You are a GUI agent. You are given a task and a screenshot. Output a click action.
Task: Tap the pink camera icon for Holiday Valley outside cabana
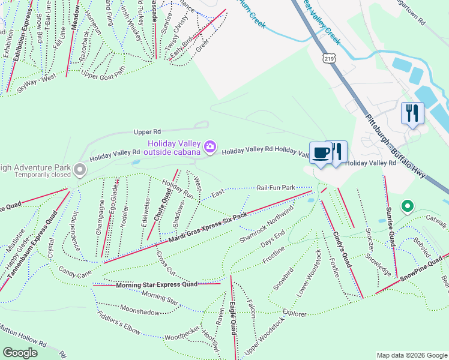click(210, 146)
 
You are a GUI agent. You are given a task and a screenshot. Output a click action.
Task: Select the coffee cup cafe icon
click(321, 152)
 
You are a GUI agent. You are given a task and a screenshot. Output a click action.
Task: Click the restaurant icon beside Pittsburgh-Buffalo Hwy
click(412, 113)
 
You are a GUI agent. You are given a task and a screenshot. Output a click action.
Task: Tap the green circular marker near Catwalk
click(408, 207)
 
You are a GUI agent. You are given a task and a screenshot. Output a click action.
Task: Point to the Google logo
click(20, 352)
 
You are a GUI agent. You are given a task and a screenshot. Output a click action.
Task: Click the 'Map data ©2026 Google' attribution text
click(411, 355)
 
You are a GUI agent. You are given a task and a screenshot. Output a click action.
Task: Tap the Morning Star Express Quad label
click(157, 284)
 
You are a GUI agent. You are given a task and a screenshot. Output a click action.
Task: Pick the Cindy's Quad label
click(338, 244)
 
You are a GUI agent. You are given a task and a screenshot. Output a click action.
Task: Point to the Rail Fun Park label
click(277, 188)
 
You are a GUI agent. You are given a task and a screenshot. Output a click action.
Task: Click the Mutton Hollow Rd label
click(23, 343)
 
